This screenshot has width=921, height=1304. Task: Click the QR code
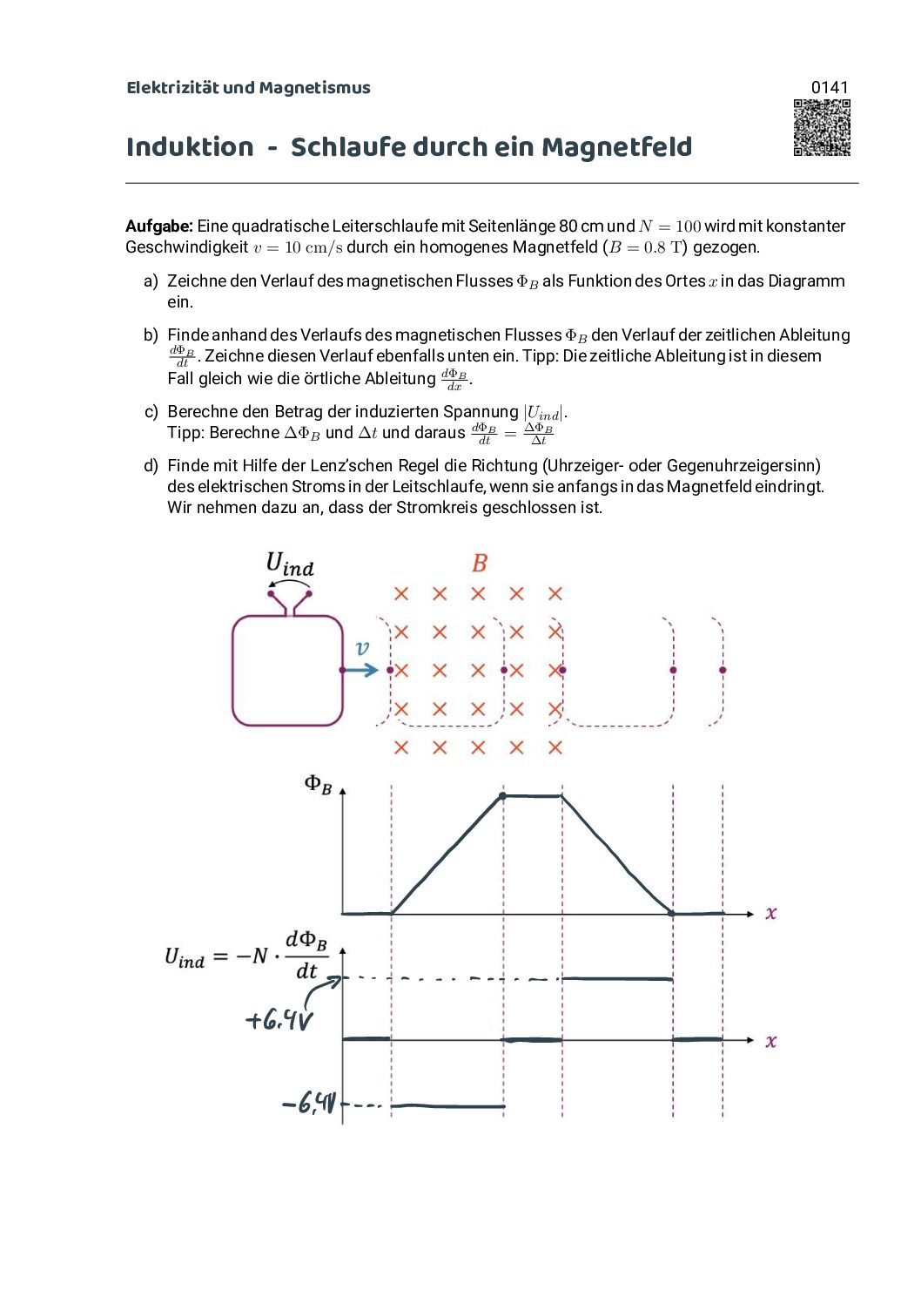[x=822, y=128]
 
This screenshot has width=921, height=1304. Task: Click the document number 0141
[x=829, y=87]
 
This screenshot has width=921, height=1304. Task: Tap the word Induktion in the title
[x=190, y=147]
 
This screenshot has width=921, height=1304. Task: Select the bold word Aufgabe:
[x=159, y=226]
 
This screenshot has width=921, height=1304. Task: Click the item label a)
[x=151, y=281]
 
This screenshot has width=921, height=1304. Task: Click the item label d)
[x=151, y=466]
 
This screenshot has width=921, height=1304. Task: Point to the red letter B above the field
[x=480, y=564]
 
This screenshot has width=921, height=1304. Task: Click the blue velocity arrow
[x=360, y=670]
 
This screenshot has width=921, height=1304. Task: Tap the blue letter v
[x=362, y=648]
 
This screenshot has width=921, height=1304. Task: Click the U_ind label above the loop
[x=290, y=564]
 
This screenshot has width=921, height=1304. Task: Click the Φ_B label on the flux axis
[x=318, y=784]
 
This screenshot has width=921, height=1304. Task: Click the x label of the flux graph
[x=770, y=913]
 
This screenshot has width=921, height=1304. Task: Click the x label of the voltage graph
[x=770, y=1041]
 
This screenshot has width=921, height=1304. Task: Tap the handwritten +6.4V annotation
[x=279, y=1019]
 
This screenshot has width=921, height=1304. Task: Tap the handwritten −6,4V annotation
[x=309, y=1105]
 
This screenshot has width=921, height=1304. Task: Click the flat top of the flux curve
[x=532, y=796]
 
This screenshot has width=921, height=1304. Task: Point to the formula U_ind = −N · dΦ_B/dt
[x=246, y=956]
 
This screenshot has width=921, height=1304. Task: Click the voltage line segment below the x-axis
[x=447, y=1106]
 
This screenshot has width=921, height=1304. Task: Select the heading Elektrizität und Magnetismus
[x=248, y=88]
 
